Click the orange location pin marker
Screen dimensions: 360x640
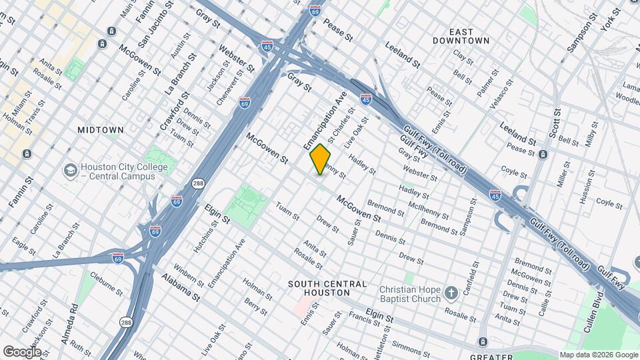click(x=320, y=159)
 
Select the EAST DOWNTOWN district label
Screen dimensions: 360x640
click(x=470, y=36)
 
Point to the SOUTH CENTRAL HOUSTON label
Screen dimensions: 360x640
click(x=327, y=289)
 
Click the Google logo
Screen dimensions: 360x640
click(x=22, y=352)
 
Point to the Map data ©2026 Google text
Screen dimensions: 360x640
click(x=598, y=355)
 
